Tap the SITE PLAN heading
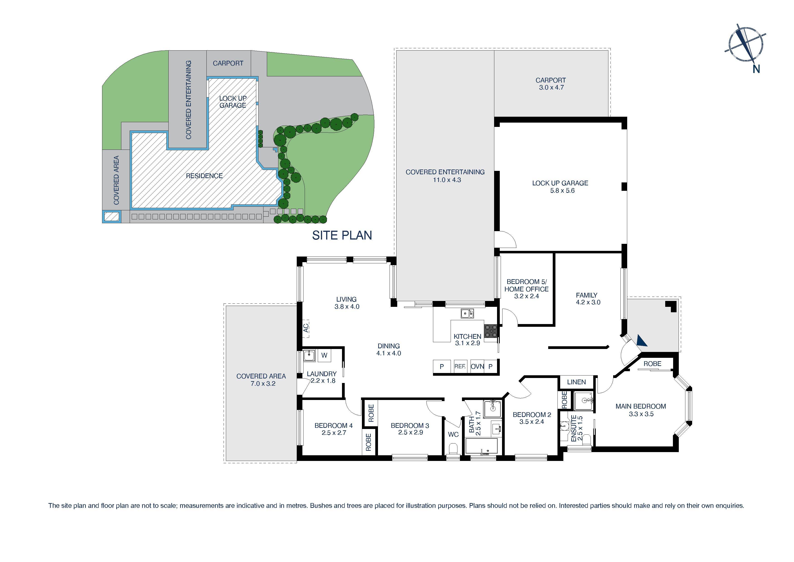tap(342, 235)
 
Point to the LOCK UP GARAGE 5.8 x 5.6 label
tap(560, 187)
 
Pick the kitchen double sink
tap(467, 314)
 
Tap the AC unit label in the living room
tap(306, 328)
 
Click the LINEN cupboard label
tap(576, 382)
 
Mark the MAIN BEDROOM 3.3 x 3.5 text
tap(641, 410)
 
